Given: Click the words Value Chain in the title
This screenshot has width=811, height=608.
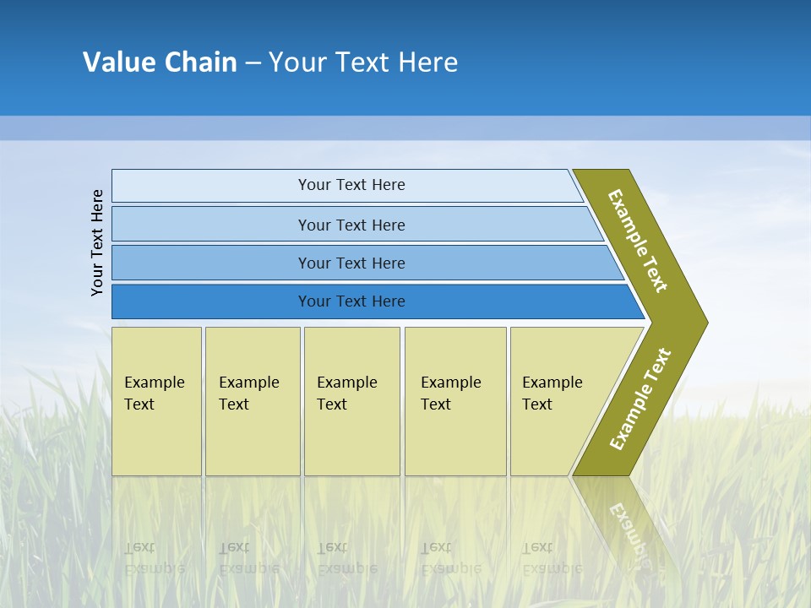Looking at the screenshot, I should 160,62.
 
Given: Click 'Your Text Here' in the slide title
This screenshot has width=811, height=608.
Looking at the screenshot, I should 363,62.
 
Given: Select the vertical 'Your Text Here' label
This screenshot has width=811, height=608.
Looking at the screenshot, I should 97,242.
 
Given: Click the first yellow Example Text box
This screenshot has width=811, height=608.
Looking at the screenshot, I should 156,401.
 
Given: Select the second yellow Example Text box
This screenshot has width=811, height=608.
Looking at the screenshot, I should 252,401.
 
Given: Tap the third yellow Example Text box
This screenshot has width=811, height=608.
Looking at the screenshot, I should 351,401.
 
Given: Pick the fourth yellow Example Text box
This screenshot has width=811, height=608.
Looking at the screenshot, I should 455,401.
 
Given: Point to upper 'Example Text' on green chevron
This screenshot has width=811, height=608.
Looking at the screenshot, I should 638,241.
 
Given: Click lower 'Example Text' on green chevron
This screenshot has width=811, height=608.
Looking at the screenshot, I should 640,399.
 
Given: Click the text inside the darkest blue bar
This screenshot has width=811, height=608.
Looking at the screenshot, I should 351,301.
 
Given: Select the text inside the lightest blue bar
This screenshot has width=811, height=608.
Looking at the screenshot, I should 351,185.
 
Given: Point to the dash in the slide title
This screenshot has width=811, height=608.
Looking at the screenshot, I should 253,63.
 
